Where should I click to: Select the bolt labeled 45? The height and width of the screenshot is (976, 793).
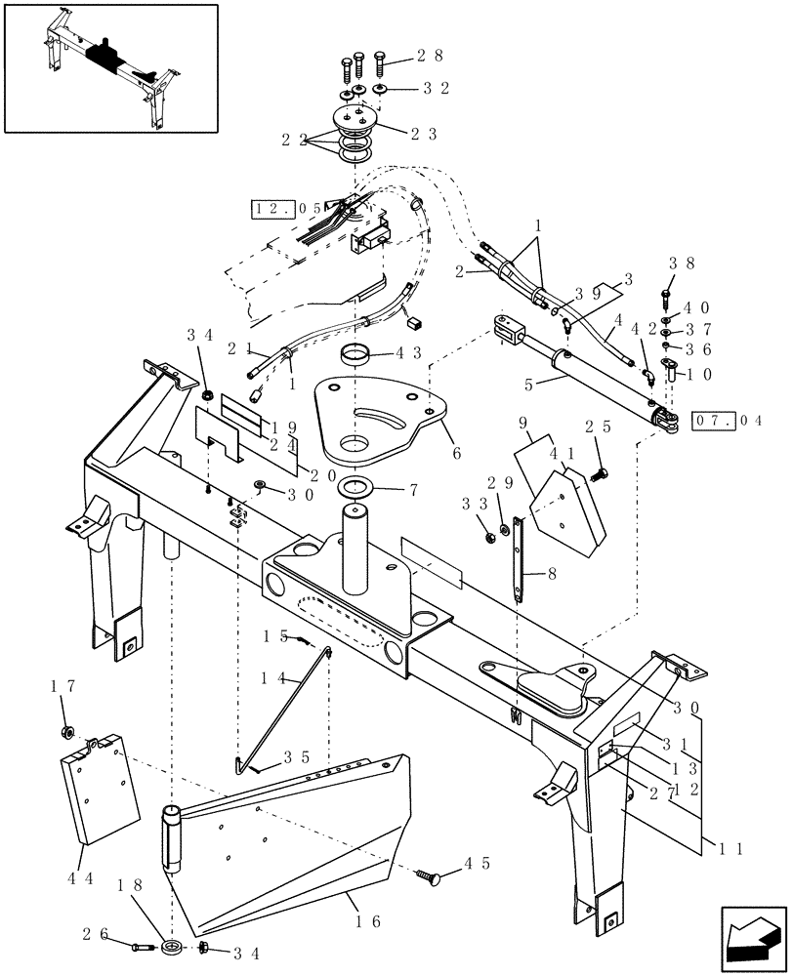428,877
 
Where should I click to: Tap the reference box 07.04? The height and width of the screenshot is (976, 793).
727,421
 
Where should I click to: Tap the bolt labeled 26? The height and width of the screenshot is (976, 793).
140,945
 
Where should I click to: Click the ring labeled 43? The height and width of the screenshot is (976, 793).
356,352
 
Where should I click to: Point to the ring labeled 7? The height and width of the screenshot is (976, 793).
356,487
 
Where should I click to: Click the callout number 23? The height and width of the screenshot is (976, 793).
423,134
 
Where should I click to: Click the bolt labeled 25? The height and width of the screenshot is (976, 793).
600,475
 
